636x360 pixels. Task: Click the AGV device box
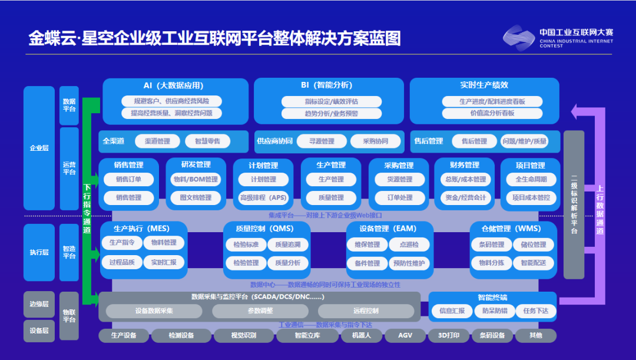pyautogui.click(x=405, y=336)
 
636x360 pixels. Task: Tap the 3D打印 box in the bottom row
pyautogui.click(x=448, y=336)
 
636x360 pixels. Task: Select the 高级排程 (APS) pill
pyautogui.click(x=263, y=197)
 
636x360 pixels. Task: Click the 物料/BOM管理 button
pyautogui.click(x=196, y=179)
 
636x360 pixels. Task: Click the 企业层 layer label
pyautogui.click(x=39, y=148)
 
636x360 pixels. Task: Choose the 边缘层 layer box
pyautogui.click(x=39, y=304)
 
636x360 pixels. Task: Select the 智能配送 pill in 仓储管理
pyautogui.click(x=534, y=263)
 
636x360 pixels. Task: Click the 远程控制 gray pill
pyautogui.click(x=366, y=311)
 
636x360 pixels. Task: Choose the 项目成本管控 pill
pyautogui.click(x=531, y=197)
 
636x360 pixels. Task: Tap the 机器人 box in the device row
pyautogui.click(x=361, y=336)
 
